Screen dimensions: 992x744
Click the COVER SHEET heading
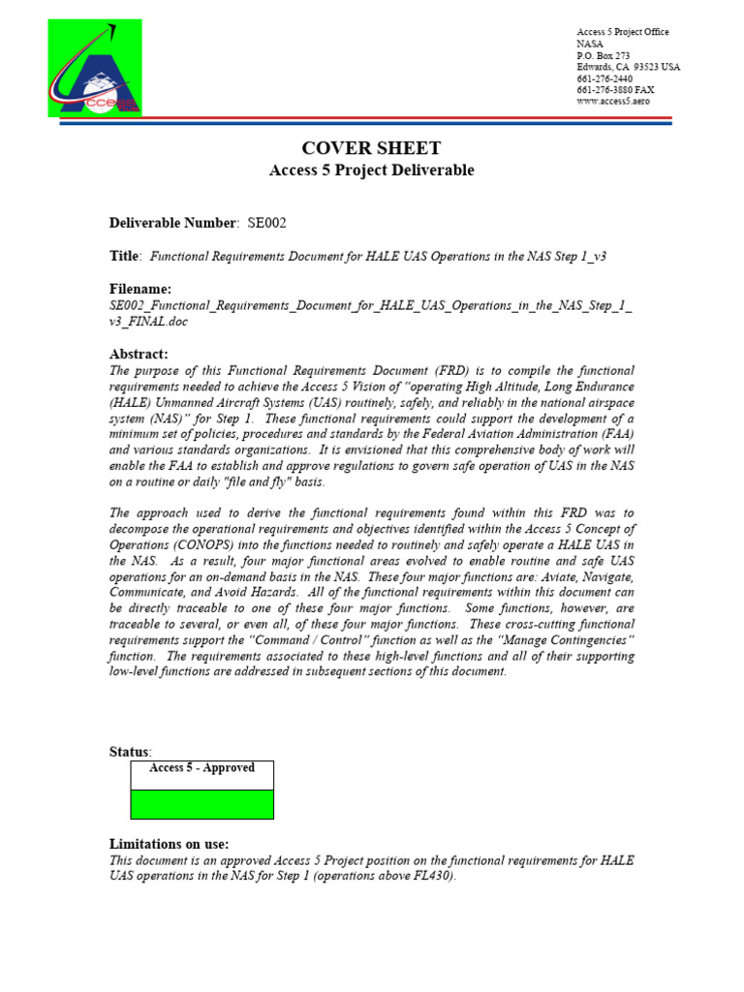click(371, 148)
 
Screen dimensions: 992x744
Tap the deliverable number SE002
click(266, 223)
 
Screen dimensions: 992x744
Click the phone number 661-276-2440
click(604, 78)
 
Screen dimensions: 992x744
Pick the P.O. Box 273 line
click(604, 55)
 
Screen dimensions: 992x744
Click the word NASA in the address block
click(590, 44)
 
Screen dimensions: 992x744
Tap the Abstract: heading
click(139, 355)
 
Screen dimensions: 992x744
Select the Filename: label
click(140, 289)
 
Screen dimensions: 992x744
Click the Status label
click(130, 752)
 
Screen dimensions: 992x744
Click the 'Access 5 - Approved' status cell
click(202, 768)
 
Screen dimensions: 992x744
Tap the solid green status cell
click(202, 804)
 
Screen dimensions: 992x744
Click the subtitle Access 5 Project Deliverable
click(371, 170)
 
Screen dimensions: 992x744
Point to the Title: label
click(125, 255)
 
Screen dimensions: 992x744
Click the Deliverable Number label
click(172, 223)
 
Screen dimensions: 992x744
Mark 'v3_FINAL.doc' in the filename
click(149, 323)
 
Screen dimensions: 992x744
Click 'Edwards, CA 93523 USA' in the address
click(629, 67)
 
